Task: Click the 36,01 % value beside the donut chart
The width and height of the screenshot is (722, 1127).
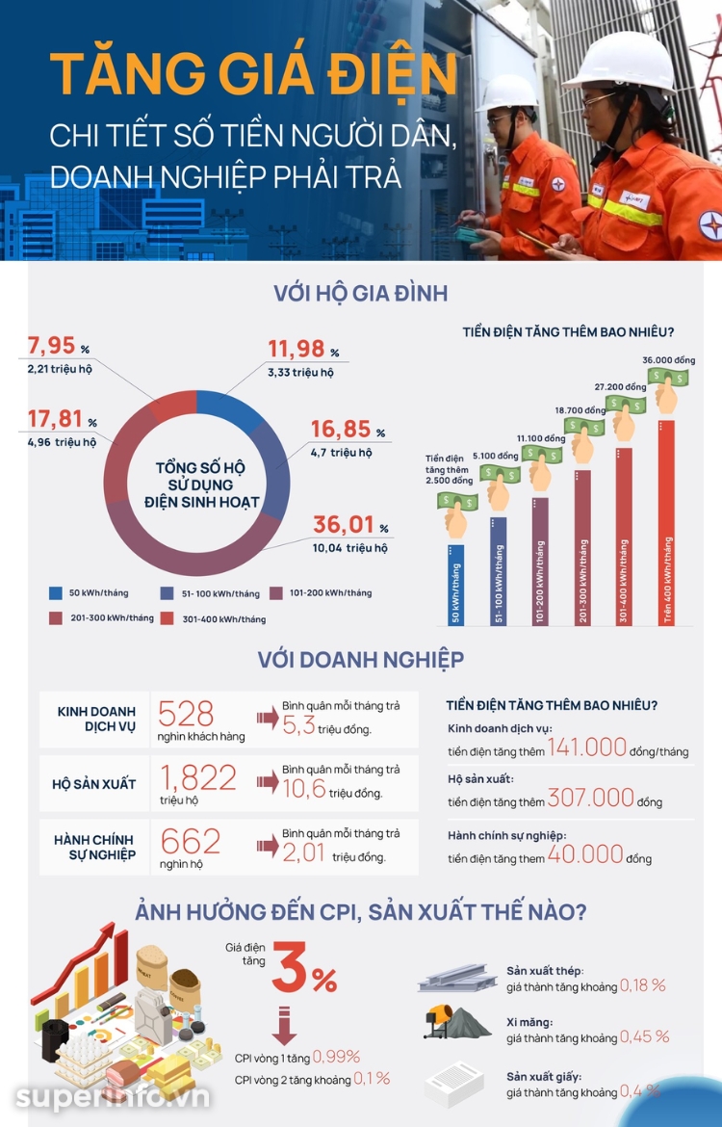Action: pos(350,525)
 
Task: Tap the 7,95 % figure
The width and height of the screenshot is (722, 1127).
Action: pos(58,346)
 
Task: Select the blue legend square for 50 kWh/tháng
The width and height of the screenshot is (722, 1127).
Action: pos(55,593)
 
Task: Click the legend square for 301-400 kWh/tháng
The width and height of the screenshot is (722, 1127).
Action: pos(168,618)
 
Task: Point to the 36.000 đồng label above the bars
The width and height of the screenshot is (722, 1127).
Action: pos(668,360)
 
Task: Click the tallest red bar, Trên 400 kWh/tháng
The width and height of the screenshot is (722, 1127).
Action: pos(667,522)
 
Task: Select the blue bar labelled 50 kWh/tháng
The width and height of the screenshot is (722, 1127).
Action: pos(455,585)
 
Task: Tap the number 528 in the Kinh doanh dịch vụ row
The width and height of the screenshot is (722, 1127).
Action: pos(186,714)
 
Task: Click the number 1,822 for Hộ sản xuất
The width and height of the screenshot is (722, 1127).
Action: pos(198,777)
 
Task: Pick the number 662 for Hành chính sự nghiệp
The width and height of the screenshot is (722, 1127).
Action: pos(191,841)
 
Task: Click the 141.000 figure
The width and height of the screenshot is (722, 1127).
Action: pos(587,747)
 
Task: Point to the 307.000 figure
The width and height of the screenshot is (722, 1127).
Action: pos(590,798)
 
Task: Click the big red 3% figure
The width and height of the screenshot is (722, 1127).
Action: pos(304,967)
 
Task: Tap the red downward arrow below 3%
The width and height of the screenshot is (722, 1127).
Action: pos(285,1026)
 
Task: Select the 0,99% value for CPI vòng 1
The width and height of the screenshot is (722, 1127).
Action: pos(336,1057)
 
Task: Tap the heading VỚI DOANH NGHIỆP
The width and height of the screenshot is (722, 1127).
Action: pos(361,659)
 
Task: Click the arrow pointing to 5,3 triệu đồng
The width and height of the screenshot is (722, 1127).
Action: pos(268,718)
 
